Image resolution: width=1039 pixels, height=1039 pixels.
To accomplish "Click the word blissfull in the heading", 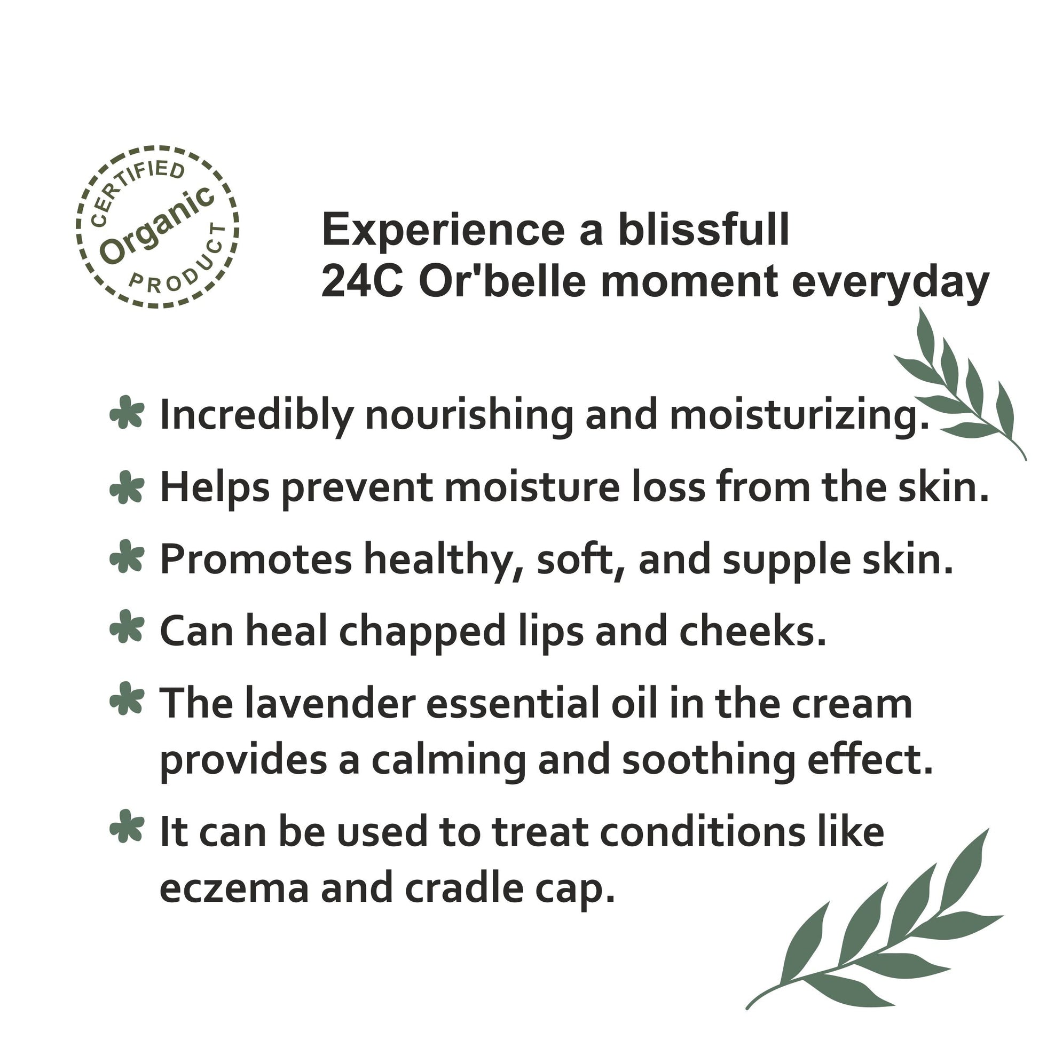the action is (x=703, y=230).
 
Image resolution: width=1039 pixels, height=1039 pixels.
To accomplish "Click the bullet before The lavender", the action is (x=127, y=698).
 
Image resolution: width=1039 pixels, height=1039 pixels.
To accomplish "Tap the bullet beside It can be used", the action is (x=127, y=825).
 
